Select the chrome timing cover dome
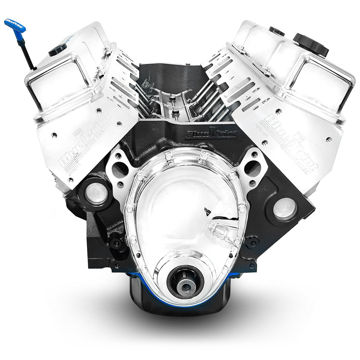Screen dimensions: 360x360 click(x=180, y=204)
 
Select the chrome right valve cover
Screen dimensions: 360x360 click(x=300, y=75)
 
